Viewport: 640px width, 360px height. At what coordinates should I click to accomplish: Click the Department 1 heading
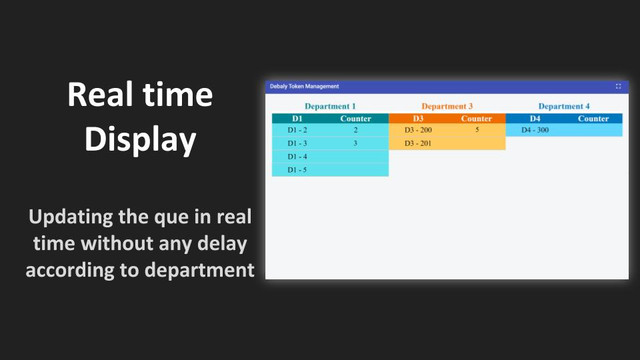tap(330, 107)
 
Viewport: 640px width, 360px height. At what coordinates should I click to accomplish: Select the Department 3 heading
tap(447, 107)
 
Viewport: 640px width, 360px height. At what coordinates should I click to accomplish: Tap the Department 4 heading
tap(564, 107)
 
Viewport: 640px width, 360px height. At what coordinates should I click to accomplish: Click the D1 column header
tap(297, 118)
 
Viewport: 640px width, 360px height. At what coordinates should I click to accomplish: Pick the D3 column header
tap(418, 118)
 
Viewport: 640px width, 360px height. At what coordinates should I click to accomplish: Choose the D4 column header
tap(535, 118)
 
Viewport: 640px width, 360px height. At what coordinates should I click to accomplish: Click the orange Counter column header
tap(476, 118)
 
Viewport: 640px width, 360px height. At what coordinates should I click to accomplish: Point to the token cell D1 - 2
tap(297, 130)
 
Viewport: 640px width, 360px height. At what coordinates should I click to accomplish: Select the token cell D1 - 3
tap(297, 143)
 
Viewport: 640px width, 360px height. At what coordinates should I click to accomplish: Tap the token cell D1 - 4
tap(297, 156)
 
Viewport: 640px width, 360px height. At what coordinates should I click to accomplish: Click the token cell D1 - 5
tap(297, 170)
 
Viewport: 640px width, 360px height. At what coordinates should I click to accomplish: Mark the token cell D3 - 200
tap(418, 130)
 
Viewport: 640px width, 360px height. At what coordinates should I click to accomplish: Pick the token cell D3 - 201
tap(418, 143)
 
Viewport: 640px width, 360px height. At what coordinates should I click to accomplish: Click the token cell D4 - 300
tap(535, 130)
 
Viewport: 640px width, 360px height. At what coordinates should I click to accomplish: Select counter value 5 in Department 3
tap(477, 130)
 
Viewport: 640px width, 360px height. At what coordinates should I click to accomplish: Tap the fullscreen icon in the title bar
tap(618, 86)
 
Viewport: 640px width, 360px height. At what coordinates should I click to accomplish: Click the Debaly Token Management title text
tap(304, 87)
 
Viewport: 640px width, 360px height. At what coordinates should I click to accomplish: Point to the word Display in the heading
tap(140, 139)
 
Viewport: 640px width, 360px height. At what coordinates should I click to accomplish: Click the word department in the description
tap(200, 270)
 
